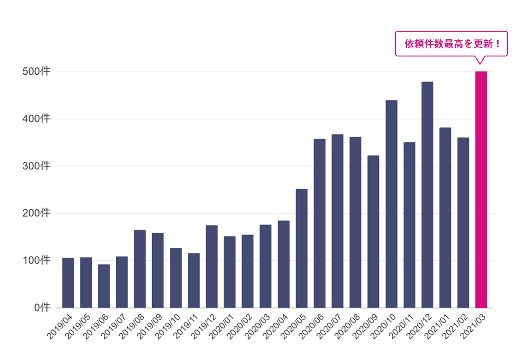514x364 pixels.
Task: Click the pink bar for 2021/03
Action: [481, 189]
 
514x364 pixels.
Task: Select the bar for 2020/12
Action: [427, 195]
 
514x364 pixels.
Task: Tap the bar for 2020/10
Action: [391, 204]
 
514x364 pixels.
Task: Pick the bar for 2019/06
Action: [104, 286]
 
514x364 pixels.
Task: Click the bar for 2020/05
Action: [302, 249]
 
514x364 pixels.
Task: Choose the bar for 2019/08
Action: [140, 269]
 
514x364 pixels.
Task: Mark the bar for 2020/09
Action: [374, 232]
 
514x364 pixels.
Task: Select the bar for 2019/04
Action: [68, 283]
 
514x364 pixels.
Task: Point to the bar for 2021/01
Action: [445, 218]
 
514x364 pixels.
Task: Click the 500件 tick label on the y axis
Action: [36, 71]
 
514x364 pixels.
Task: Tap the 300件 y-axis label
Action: [36, 166]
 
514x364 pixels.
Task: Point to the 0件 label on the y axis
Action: [42, 308]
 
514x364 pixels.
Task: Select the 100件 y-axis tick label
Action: [36, 260]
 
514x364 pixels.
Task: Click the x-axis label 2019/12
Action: [203, 327]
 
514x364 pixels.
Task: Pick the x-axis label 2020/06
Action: [311, 327]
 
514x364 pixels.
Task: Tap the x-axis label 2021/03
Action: [473, 327]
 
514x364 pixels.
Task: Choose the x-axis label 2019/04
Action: [60, 327]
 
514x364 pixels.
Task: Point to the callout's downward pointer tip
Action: [480, 64]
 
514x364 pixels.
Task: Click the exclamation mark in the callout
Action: [498, 44]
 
